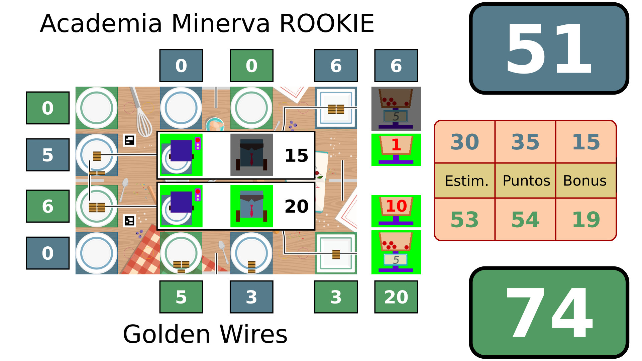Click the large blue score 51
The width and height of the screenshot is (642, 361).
click(x=549, y=49)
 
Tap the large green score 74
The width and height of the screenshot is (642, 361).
click(x=549, y=313)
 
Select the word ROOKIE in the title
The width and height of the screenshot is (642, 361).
click(x=326, y=24)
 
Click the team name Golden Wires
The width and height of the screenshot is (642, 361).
click(x=205, y=334)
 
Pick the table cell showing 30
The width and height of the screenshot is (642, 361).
click(x=464, y=142)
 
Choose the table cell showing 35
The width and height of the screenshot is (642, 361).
click(x=525, y=142)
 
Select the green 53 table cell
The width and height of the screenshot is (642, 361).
click(x=464, y=220)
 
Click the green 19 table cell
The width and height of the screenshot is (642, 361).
click(x=586, y=220)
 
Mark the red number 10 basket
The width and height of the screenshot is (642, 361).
click(x=396, y=211)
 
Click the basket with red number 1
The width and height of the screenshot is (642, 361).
click(x=396, y=149)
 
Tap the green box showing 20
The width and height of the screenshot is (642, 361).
click(x=396, y=297)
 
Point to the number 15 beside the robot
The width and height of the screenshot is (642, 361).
click(x=296, y=155)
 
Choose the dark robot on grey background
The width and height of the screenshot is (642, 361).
click(x=251, y=155)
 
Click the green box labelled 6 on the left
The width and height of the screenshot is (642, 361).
click(x=48, y=206)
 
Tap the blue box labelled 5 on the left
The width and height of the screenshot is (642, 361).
click(x=48, y=155)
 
